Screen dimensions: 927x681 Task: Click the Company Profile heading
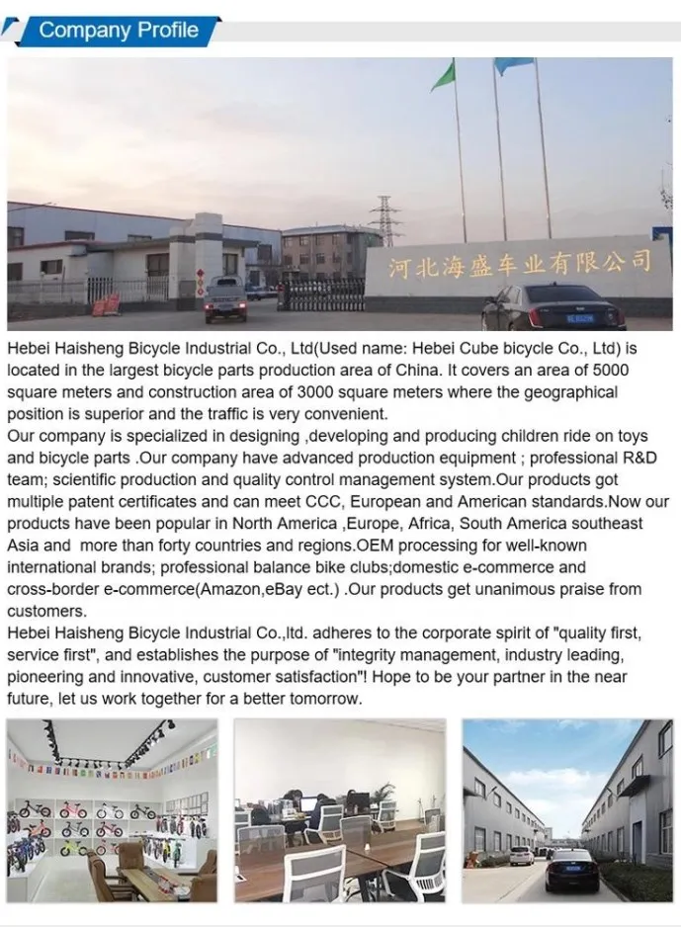pos(119,30)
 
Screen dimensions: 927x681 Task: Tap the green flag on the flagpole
pos(445,75)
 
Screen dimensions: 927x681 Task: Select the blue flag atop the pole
pos(513,66)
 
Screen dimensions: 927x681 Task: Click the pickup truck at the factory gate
pos(225,297)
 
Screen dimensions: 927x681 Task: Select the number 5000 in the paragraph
pos(607,370)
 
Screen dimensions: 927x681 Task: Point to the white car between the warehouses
pos(521,855)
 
